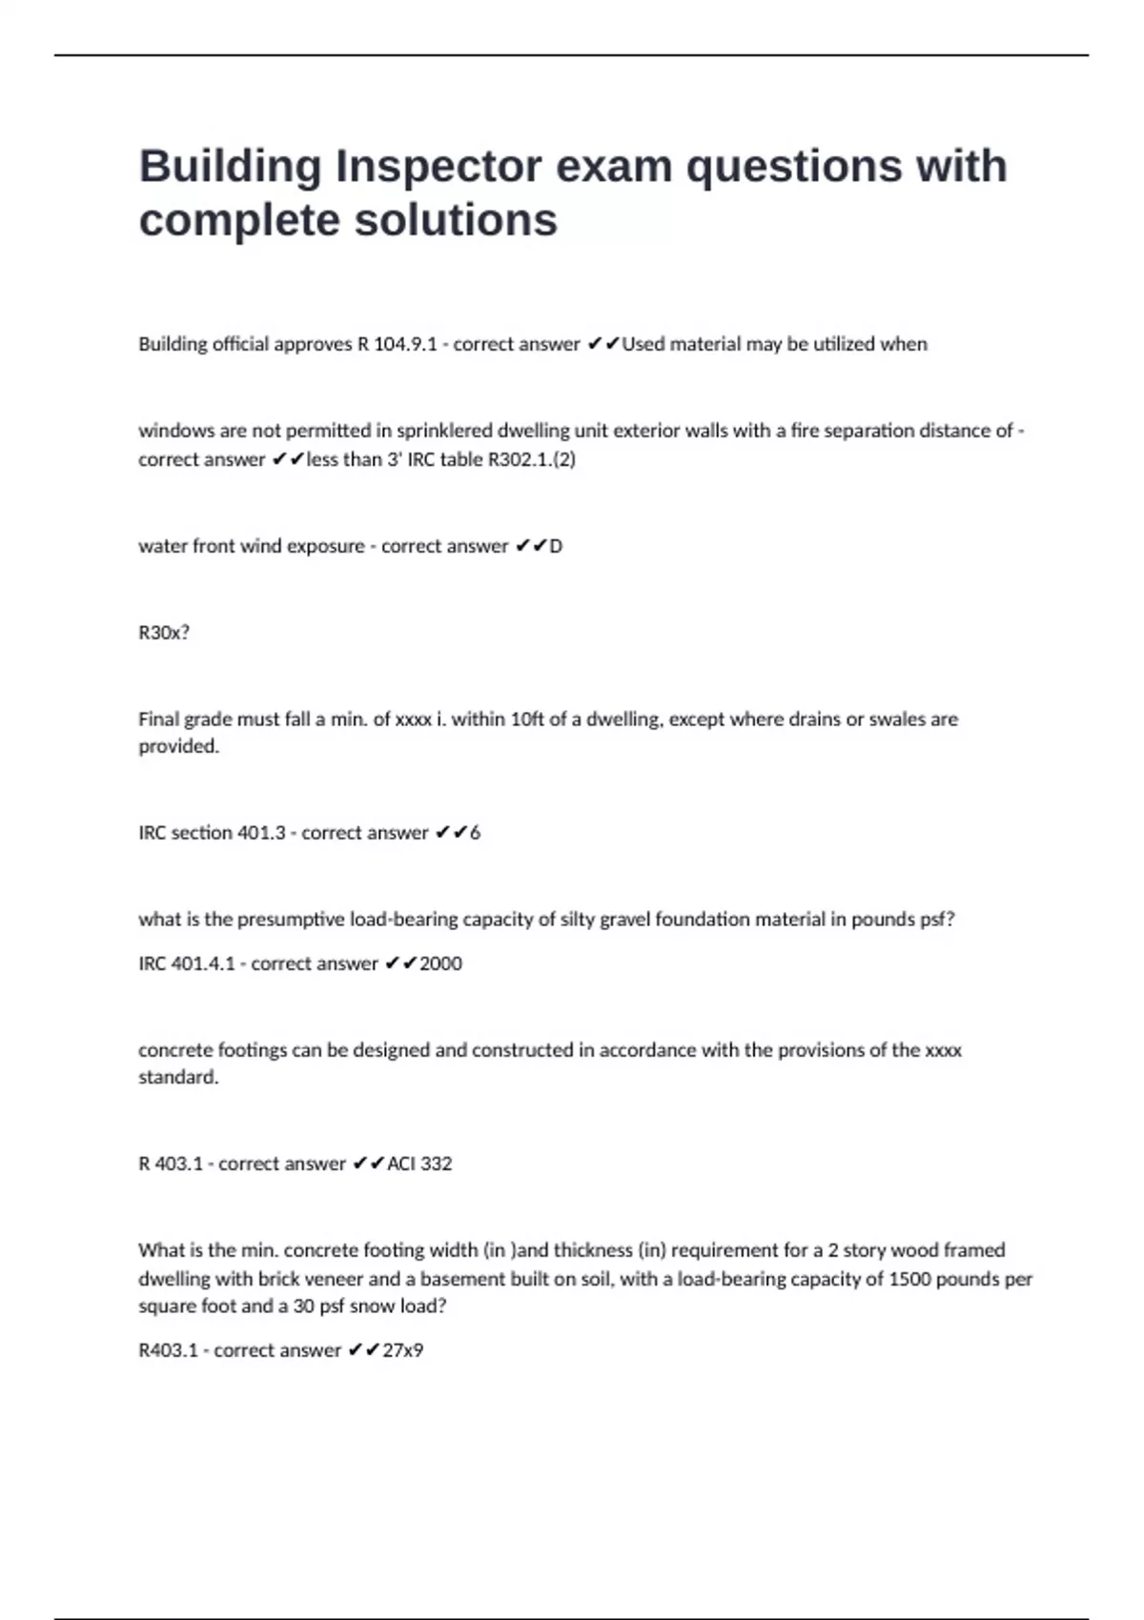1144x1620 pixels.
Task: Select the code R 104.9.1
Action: (x=397, y=344)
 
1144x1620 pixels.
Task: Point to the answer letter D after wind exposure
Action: (x=556, y=546)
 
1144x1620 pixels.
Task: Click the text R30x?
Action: (x=164, y=633)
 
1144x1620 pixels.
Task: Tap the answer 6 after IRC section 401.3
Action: (x=475, y=833)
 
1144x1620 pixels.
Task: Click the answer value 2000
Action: (x=440, y=963)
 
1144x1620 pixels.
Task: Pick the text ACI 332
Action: (x=419, y=1164)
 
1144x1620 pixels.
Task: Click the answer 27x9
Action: (x=402, y=1350)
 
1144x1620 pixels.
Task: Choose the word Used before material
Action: (x=643, y=344)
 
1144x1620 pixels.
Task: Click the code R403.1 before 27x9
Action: (x=168, y=1350)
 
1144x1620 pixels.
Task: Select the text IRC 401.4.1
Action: (x=187, y=963)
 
